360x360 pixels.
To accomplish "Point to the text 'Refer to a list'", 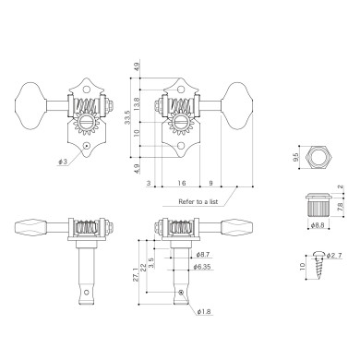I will coord(193,201).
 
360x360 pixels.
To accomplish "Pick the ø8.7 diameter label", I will coord(204,252).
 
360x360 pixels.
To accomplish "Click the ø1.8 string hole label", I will coord(203,311).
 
